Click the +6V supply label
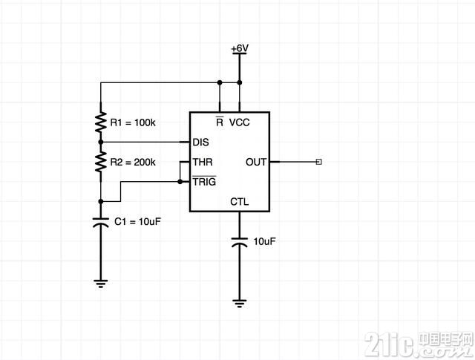[240, 48]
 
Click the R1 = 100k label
[133, 122]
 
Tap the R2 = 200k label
[133, 163]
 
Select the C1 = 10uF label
[137, 221]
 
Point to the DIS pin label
[201, 142]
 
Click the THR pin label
[203, 162]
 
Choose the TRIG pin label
[205, 181]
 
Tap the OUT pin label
[256, 162]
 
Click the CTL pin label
[239, 201]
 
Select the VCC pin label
[239, 122]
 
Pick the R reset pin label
[220, 122]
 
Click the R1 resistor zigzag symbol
[101, 122]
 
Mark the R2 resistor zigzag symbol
[101, 162]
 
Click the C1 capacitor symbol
[101, 222]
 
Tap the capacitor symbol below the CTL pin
[239, 242]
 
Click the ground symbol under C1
[101, 283]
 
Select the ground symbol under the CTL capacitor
[239, 303]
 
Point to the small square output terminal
[318, 162]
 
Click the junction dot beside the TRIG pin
[180, 182]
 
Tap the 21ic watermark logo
[419, 344]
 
